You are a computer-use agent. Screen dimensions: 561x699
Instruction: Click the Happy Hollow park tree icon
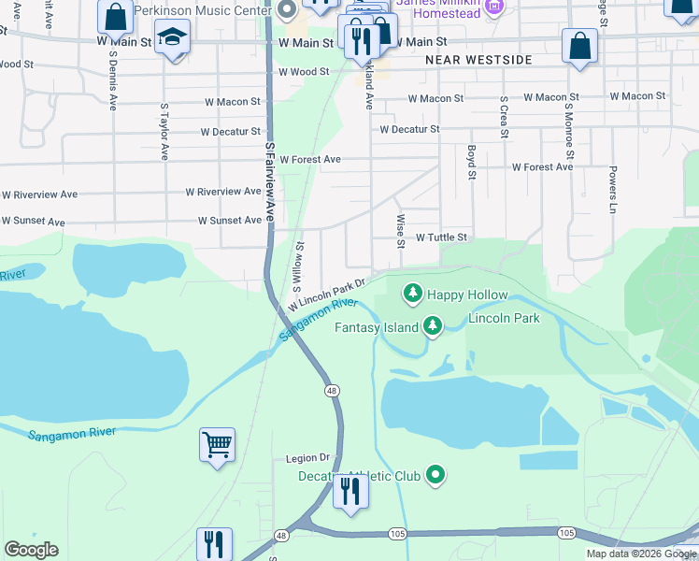pyautogui.click(x=412, y=295)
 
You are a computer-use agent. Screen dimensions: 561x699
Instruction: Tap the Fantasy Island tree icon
pyautogui.click(x=432, y=326)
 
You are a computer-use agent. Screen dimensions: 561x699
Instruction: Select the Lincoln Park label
pyautogui.click(x=504, y=319)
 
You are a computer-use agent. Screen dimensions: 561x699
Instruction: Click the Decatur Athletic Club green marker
pyautogui.click(x=435, y=476)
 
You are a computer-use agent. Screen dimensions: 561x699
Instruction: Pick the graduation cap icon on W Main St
pyautogui.click(x=172, y=39)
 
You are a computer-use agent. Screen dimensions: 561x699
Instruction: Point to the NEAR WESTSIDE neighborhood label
pyautogui.click(x=478, y=60)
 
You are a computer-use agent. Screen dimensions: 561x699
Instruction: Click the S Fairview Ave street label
pyautogui.click(x=270, y=181)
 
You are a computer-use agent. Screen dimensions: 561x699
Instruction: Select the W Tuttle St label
pyautogui.click(x=440, y=238)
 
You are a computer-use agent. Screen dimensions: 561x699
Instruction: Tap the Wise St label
pyautogui.click(x=400, y=230)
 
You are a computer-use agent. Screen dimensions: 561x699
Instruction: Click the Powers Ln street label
pyautogui.click(x=613, y=190)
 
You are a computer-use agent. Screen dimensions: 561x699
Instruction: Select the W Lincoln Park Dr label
pyautogui.click(x=325, y=293)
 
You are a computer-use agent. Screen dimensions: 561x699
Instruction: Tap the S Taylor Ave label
pyautogui.click(x=164, y=132)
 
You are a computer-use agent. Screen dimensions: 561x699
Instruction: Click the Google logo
pyautogui.click(x=31, y=550)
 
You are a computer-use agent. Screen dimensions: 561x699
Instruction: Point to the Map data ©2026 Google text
pyautogui.click(x=640, y=554)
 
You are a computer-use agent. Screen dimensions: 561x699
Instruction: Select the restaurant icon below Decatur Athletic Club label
pyautogui.click(x=350, y=490)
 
